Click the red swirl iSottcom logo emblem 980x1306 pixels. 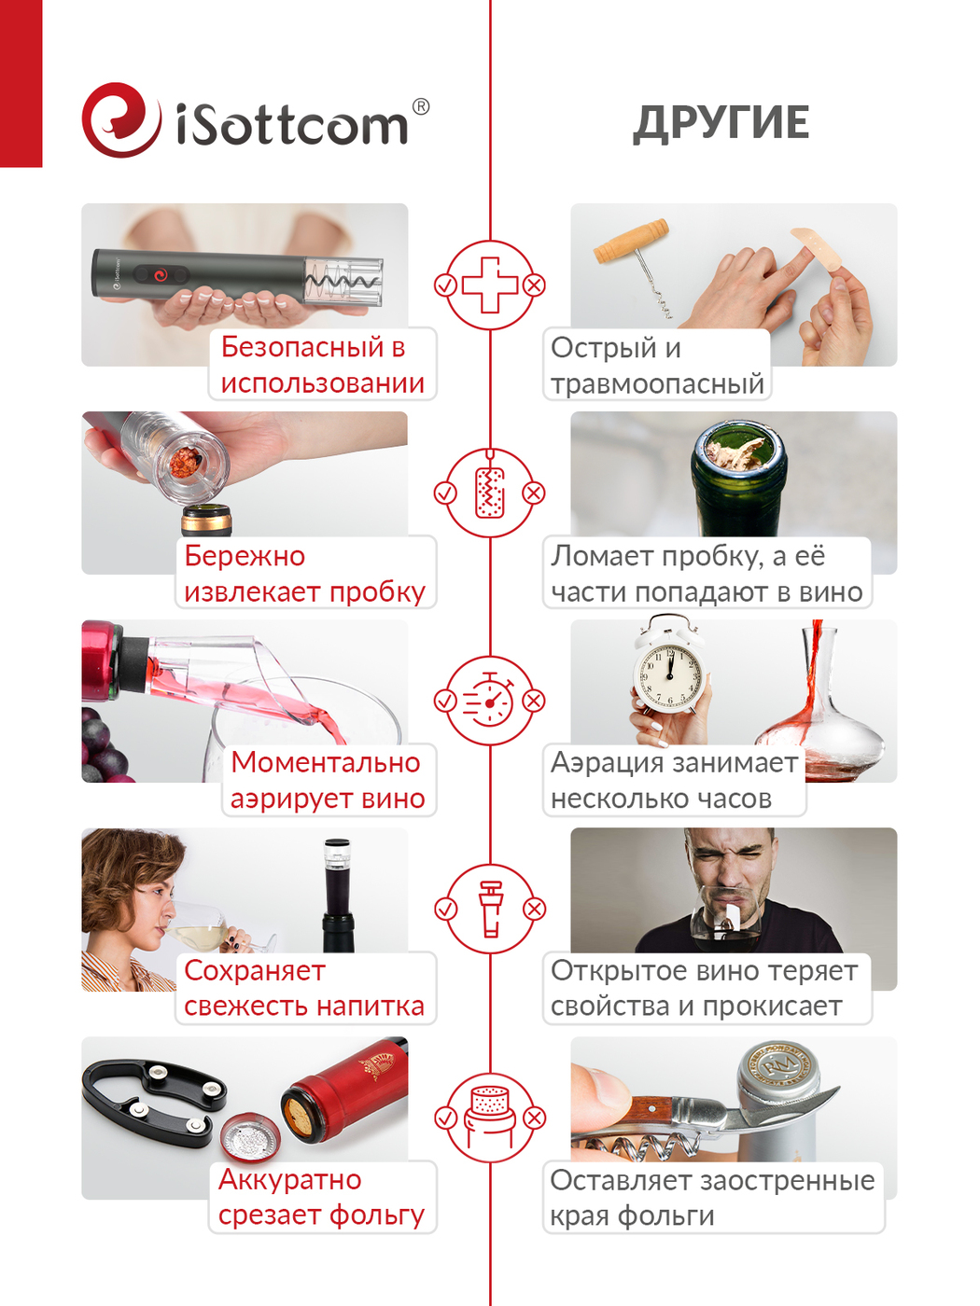(x=121, y=120)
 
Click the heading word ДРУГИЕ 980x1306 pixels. (x=721, y=123)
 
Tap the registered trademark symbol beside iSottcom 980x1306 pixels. (x=420, y=106)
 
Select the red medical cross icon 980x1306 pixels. (x=489, y=285)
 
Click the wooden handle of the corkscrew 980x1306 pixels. (x=631, y=241)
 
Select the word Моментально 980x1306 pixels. (x=326, y=762)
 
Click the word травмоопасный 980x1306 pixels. (x=657, y=383)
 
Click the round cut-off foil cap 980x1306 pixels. (x=250, y=1138)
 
